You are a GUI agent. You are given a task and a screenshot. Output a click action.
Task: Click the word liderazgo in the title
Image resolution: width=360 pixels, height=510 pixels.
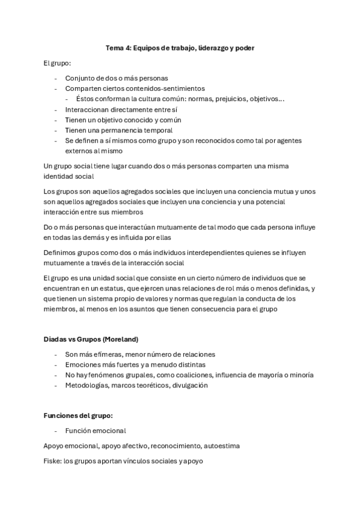click(x=200, y=48)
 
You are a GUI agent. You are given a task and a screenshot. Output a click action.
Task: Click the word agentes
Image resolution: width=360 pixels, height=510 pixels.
click(x=288, y=141)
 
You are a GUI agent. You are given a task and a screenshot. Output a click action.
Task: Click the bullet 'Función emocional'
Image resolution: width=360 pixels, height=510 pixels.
click(x=96, y=431)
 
